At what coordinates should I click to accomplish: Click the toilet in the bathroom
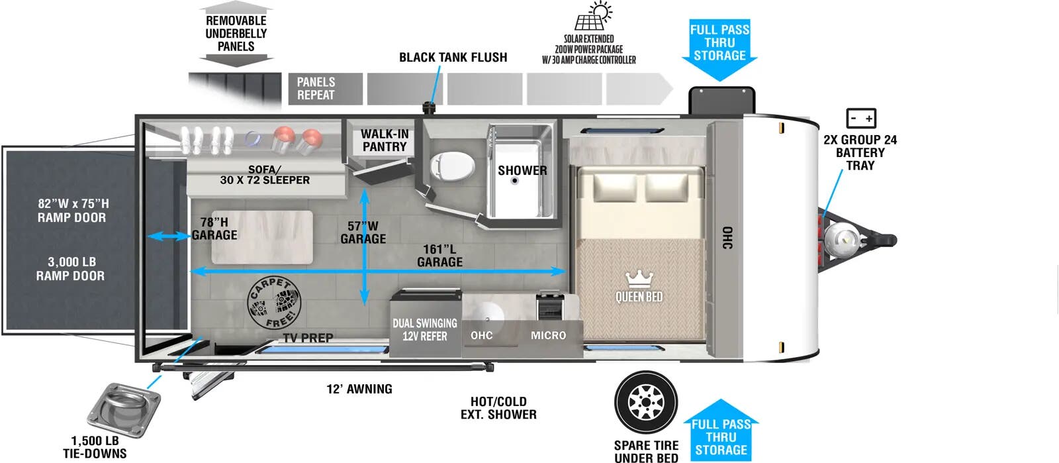452,166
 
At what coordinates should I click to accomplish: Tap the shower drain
515,181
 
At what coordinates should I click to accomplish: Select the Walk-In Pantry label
385,140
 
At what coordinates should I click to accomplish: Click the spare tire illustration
646,402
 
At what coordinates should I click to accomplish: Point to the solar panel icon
593,16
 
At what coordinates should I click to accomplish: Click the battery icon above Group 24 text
861,118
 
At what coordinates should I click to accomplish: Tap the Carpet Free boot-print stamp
274,303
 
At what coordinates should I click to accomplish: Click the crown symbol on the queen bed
639,280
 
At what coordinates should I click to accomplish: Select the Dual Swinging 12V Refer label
424,330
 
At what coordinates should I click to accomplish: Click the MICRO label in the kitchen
548,335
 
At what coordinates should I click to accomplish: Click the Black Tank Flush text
453,57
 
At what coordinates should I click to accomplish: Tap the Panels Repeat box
325,89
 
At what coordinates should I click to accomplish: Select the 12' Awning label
359,389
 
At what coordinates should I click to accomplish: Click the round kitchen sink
487,314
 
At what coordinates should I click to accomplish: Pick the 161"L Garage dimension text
439,256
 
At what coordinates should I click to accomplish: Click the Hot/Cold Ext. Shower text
498,407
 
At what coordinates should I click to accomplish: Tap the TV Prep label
308,338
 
